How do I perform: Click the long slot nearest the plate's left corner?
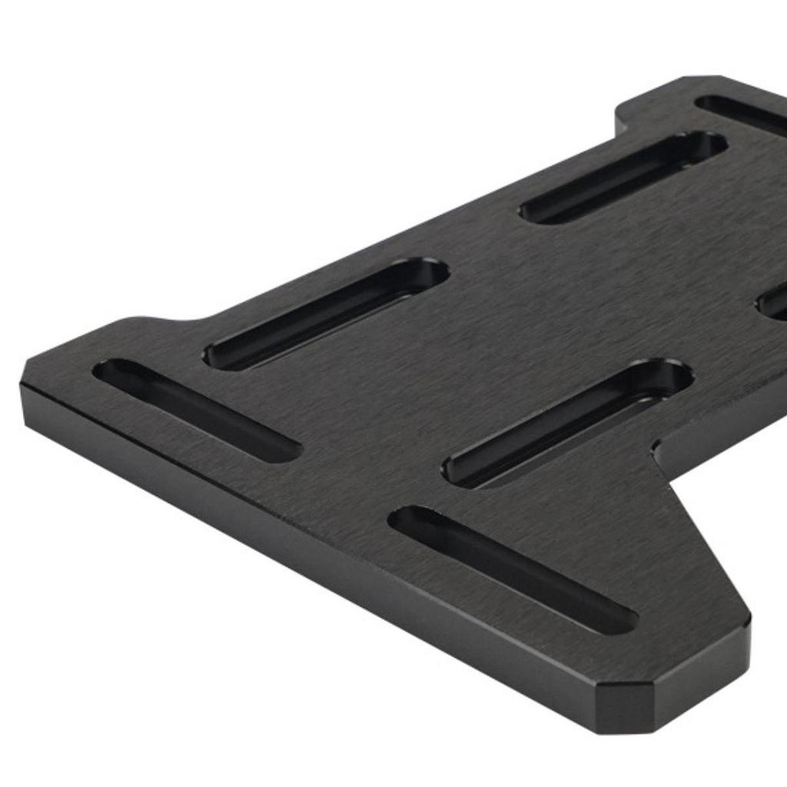click(x=196, y=410)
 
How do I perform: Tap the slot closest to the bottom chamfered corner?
click(x=513, y=569)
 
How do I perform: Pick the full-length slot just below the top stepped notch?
click(x=623, y=178)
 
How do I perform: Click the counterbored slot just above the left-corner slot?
click(x=326, y=314)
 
